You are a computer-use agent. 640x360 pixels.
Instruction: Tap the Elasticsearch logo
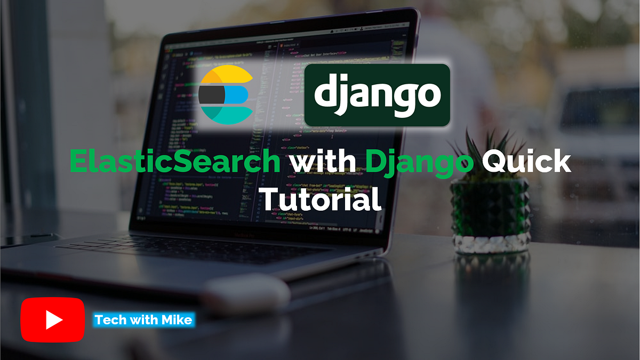click(226, 94)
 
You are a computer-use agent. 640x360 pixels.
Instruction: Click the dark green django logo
click(377, 95)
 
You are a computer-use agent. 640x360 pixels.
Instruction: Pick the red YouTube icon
click(53, 319)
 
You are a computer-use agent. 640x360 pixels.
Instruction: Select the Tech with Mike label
click(143, 320)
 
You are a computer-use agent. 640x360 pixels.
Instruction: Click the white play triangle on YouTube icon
click(54, 319)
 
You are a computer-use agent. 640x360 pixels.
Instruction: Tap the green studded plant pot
click(490, 213)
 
